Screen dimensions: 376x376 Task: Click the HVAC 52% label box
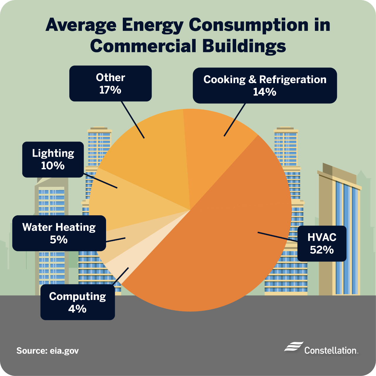click(x=322, y=244)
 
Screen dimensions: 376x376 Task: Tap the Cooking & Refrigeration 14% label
click(x=265, y=85)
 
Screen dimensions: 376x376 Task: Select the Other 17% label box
click(x=110, y=83)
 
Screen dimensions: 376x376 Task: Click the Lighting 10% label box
click(x=53, y=160)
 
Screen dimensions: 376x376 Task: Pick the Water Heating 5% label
click(x=59, y=233)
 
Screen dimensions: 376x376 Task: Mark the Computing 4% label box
click(x=78, y=302)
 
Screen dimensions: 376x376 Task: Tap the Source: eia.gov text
click(x=48, y=351)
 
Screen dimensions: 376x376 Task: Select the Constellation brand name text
click(x=331, y=350)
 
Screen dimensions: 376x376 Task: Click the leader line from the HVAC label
click(x=278, y=237)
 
